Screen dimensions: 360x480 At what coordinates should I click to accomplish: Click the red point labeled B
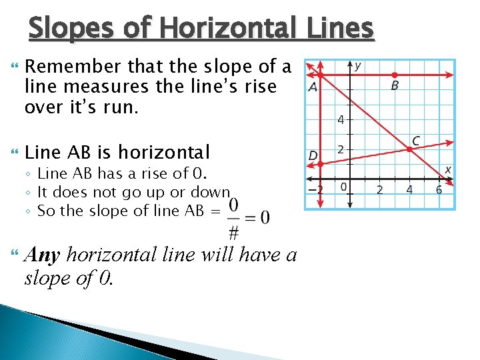(395, 75)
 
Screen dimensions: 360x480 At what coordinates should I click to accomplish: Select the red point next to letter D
(320, 163)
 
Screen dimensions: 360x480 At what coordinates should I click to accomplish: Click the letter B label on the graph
(395, 87)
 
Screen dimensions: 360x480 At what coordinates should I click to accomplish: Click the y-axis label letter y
(358, 65)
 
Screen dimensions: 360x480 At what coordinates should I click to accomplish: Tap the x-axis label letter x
(448, 170)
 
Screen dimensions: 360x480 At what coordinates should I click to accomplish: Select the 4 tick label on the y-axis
(341, 121)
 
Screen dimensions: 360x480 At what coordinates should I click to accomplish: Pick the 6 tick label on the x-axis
(439, 190)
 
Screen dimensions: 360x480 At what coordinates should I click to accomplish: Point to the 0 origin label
(343, 187)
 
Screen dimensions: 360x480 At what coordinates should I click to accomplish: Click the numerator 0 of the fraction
(234, 205)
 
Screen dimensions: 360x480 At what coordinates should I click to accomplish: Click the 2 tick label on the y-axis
(341, 149)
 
